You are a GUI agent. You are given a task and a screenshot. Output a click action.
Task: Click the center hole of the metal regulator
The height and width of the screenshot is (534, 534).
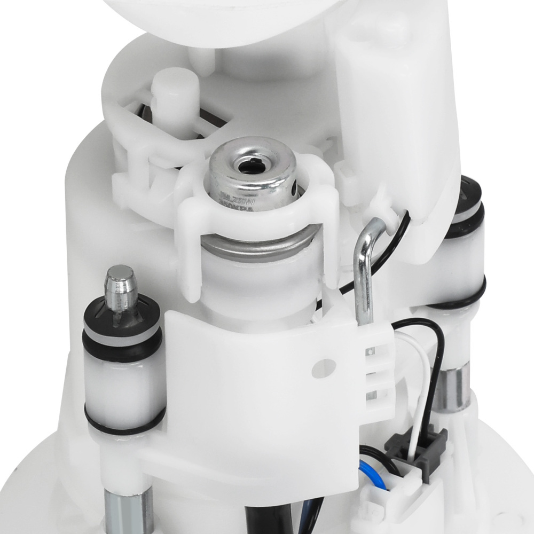(248, 167)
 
